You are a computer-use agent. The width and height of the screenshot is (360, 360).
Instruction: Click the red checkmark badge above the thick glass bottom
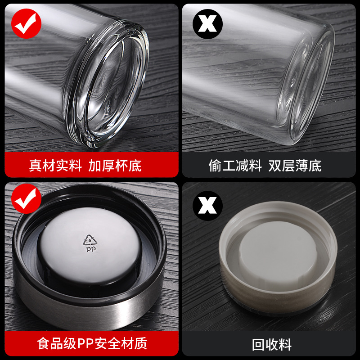[x=26, y=24]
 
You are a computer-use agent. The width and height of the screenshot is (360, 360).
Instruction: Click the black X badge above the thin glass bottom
[x=207, y=24]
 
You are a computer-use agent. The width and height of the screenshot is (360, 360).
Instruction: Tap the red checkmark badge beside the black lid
[x=26, y=198]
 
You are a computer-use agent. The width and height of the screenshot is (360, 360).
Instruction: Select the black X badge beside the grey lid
[x=207, y=206]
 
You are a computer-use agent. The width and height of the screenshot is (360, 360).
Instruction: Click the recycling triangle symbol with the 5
[x=90, y=240]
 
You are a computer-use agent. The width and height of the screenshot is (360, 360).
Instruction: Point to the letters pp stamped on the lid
[x=91, y=249]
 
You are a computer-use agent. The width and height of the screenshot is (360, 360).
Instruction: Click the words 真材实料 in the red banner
[x=55, y=166]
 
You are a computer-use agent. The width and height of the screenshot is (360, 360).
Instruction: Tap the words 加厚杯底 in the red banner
[x=115, y=166]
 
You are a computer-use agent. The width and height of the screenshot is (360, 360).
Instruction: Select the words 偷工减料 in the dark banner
[x=235, y=166]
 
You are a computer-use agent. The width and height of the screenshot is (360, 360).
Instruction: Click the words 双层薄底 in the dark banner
[x=295, y=166]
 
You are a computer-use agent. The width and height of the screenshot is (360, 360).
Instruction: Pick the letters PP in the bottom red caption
[x=85, y=344]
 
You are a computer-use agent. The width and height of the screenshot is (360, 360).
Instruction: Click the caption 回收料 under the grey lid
[x=272, y=345]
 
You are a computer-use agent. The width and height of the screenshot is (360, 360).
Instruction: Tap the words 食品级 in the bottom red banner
[x=57, y=344]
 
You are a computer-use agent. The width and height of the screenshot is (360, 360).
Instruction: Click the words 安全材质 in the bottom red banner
[x=121, y=344]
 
